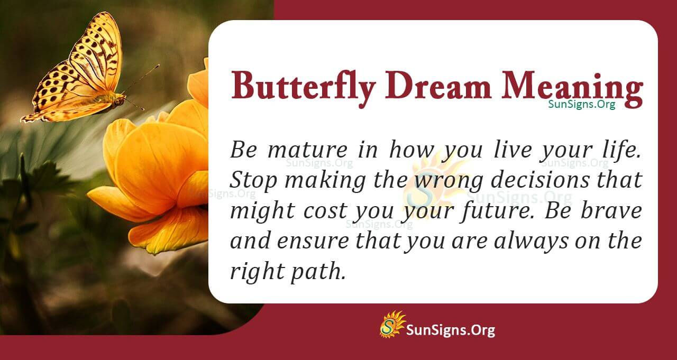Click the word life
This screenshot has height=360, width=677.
point(622,150)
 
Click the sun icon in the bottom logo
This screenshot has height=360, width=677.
point(392,324)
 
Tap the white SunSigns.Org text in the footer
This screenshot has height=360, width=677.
point(451,330)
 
